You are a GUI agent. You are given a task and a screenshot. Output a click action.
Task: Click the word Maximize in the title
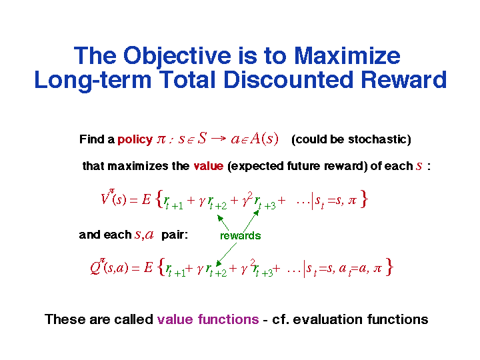point(347,56)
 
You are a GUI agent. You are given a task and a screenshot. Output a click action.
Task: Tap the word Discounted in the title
point(289,80)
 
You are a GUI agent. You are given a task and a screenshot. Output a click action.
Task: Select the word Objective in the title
point(177,57)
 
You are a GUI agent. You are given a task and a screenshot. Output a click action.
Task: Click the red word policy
point(135,139)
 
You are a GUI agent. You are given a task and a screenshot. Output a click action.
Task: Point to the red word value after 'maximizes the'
point(208,166)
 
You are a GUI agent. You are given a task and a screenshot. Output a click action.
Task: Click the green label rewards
point(240,236)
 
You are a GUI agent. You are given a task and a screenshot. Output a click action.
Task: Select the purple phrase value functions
point(208,319)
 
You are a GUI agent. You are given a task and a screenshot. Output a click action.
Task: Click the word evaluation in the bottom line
point(328,319)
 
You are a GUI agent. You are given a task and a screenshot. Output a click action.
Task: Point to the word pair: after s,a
point(175,235)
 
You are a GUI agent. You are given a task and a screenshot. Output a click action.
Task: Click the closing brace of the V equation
point(364,199)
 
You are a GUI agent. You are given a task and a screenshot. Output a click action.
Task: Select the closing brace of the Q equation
point(389,267)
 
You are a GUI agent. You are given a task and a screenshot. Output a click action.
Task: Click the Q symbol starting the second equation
point(95,267)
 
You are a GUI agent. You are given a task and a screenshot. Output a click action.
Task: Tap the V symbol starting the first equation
point(105,199)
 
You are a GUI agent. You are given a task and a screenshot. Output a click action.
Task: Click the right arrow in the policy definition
point(218,139)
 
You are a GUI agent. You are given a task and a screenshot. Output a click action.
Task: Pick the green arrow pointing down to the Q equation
point(226,255)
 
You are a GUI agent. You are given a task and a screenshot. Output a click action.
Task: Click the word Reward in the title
point(404,80)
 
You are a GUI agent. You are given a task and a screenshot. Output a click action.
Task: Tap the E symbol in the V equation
point(146,199)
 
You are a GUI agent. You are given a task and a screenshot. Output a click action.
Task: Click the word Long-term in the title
point(93,81)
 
